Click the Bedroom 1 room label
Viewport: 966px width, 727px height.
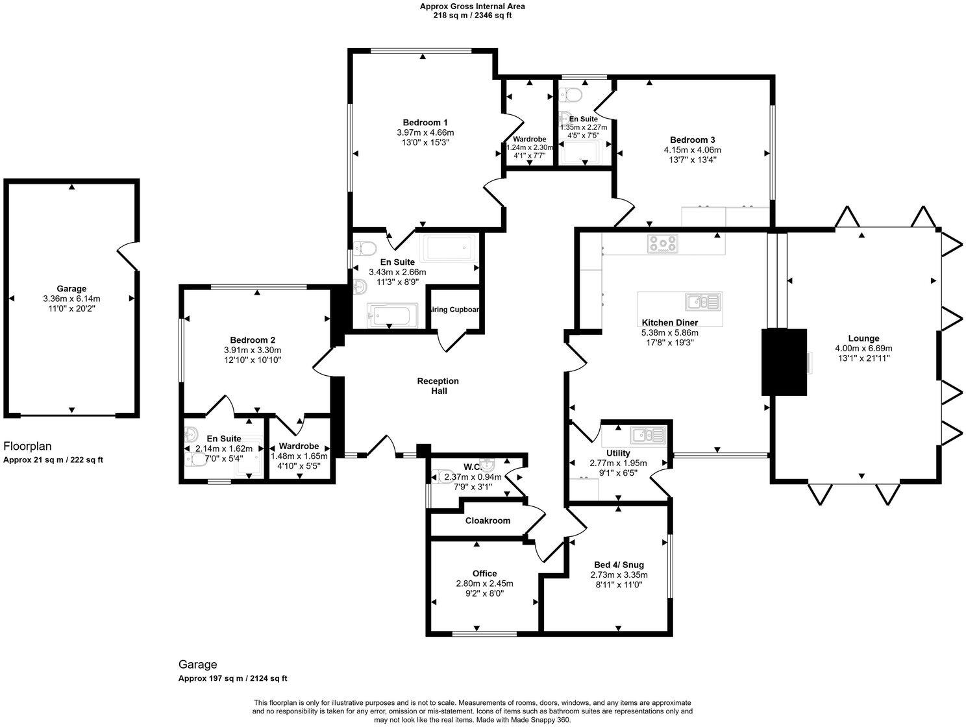point(425,123)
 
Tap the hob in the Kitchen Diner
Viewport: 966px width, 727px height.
point(662,243)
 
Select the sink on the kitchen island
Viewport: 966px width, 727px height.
point(702,301)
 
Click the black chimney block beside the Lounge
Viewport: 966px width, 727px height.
point(784,362)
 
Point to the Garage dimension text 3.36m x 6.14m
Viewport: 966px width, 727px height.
point(71,299)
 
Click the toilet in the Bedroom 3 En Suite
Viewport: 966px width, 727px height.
point(569,95)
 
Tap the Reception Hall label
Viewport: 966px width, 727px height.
point(438,386)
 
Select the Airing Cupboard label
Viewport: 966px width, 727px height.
point(455,310)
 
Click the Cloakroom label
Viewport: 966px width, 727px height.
point(488,521)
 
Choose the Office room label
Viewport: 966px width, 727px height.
point(484,573)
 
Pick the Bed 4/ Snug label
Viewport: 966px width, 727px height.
point(619,565)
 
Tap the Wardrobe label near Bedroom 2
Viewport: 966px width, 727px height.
point(299,447)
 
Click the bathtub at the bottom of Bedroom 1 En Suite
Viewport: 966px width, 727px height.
point(389,316)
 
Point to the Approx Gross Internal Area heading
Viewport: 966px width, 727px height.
point(472,6)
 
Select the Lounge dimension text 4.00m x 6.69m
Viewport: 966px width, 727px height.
point(863,348)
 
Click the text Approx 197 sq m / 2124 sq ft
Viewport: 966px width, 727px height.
point(233,678)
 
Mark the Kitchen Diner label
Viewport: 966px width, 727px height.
point(669,323)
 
